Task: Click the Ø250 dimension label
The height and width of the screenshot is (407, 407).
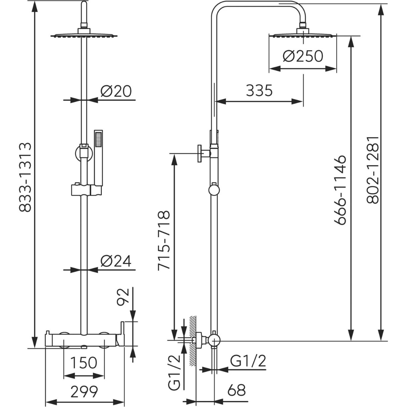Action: pos(303,56)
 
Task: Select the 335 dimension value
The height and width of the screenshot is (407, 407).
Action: pos(259,91)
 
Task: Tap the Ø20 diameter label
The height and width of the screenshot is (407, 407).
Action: pos(116,91)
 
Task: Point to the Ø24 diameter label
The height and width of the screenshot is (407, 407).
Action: pos(116,261)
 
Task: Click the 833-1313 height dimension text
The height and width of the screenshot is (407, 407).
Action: pos(25,177)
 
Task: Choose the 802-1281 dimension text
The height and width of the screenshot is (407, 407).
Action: pos(372,170)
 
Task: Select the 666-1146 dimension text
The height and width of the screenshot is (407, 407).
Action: pos(340,190)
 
